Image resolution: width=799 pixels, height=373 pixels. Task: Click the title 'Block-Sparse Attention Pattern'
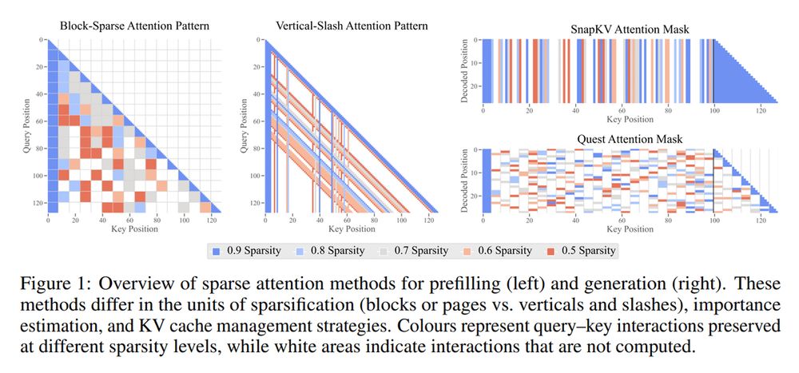[x=135, y=26]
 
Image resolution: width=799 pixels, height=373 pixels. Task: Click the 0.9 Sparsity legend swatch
[x=216, y=250]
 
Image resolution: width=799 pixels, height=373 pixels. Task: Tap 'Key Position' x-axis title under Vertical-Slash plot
[x=352, y=229]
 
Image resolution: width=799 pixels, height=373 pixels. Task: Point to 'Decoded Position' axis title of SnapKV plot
[x=466, y=72]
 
